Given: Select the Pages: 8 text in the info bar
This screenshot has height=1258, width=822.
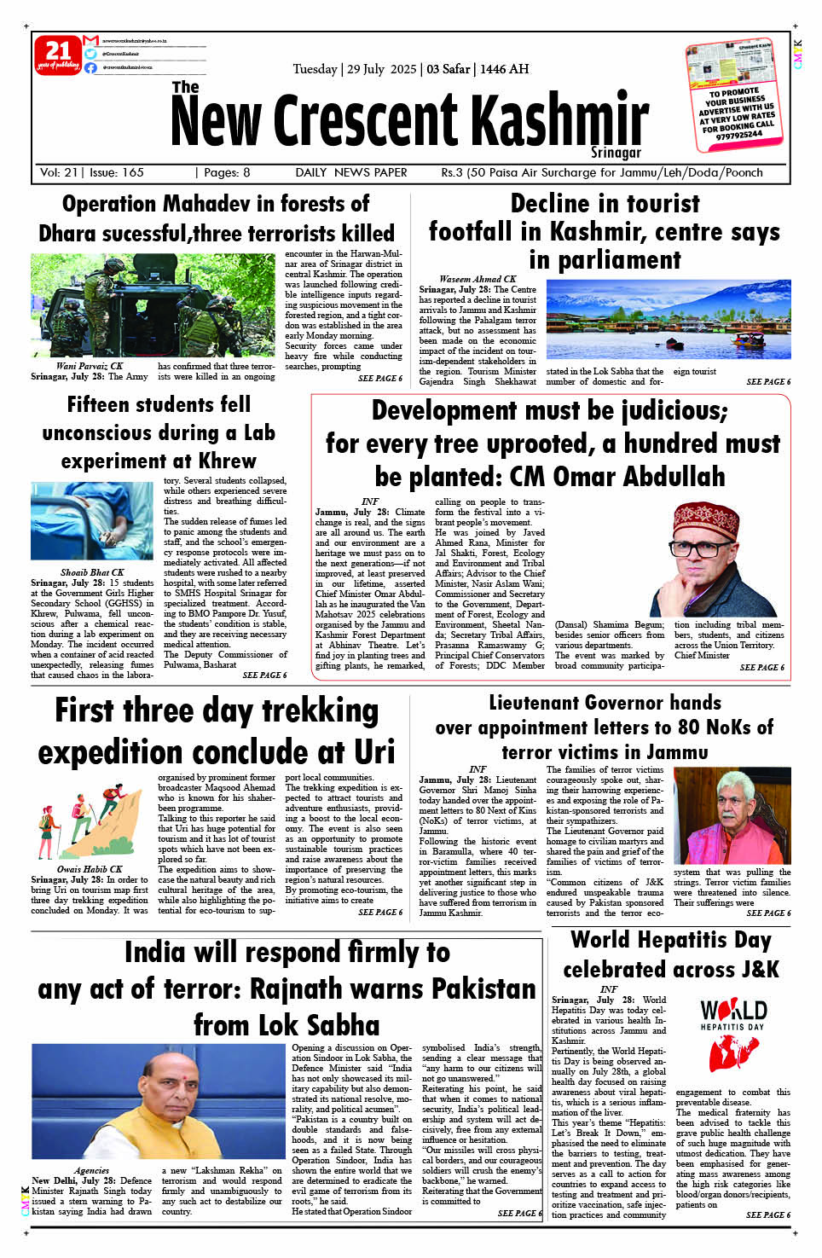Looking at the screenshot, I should pos(223,172).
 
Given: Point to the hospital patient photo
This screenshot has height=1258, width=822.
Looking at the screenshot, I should pos(91,520).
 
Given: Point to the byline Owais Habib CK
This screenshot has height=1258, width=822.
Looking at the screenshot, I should pos(90,869).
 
